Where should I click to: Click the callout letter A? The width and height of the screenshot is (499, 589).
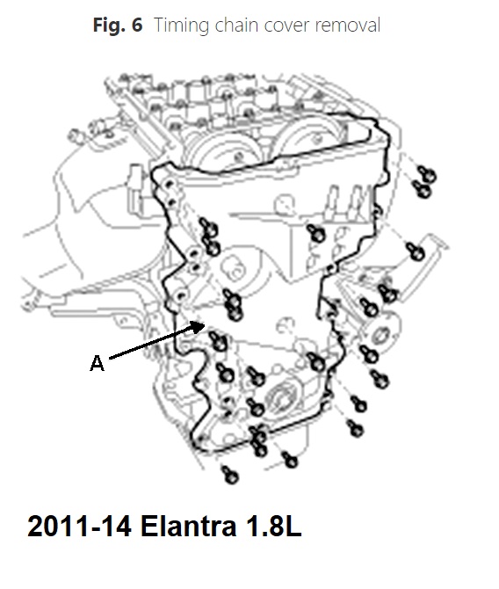[x=97, y=363]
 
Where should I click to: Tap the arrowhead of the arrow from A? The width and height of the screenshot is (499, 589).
[x=199, y=326]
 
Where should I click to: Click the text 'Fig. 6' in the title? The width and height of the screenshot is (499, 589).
[x=118, y=25]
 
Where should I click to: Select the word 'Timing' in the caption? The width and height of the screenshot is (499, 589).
[x=181, y=25]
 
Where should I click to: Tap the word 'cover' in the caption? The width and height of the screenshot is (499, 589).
[x=287, y=26]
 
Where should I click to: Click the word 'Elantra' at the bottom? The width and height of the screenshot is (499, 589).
[x=189, y=526]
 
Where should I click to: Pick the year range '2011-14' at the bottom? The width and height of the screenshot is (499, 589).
[x=80, y=526]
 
